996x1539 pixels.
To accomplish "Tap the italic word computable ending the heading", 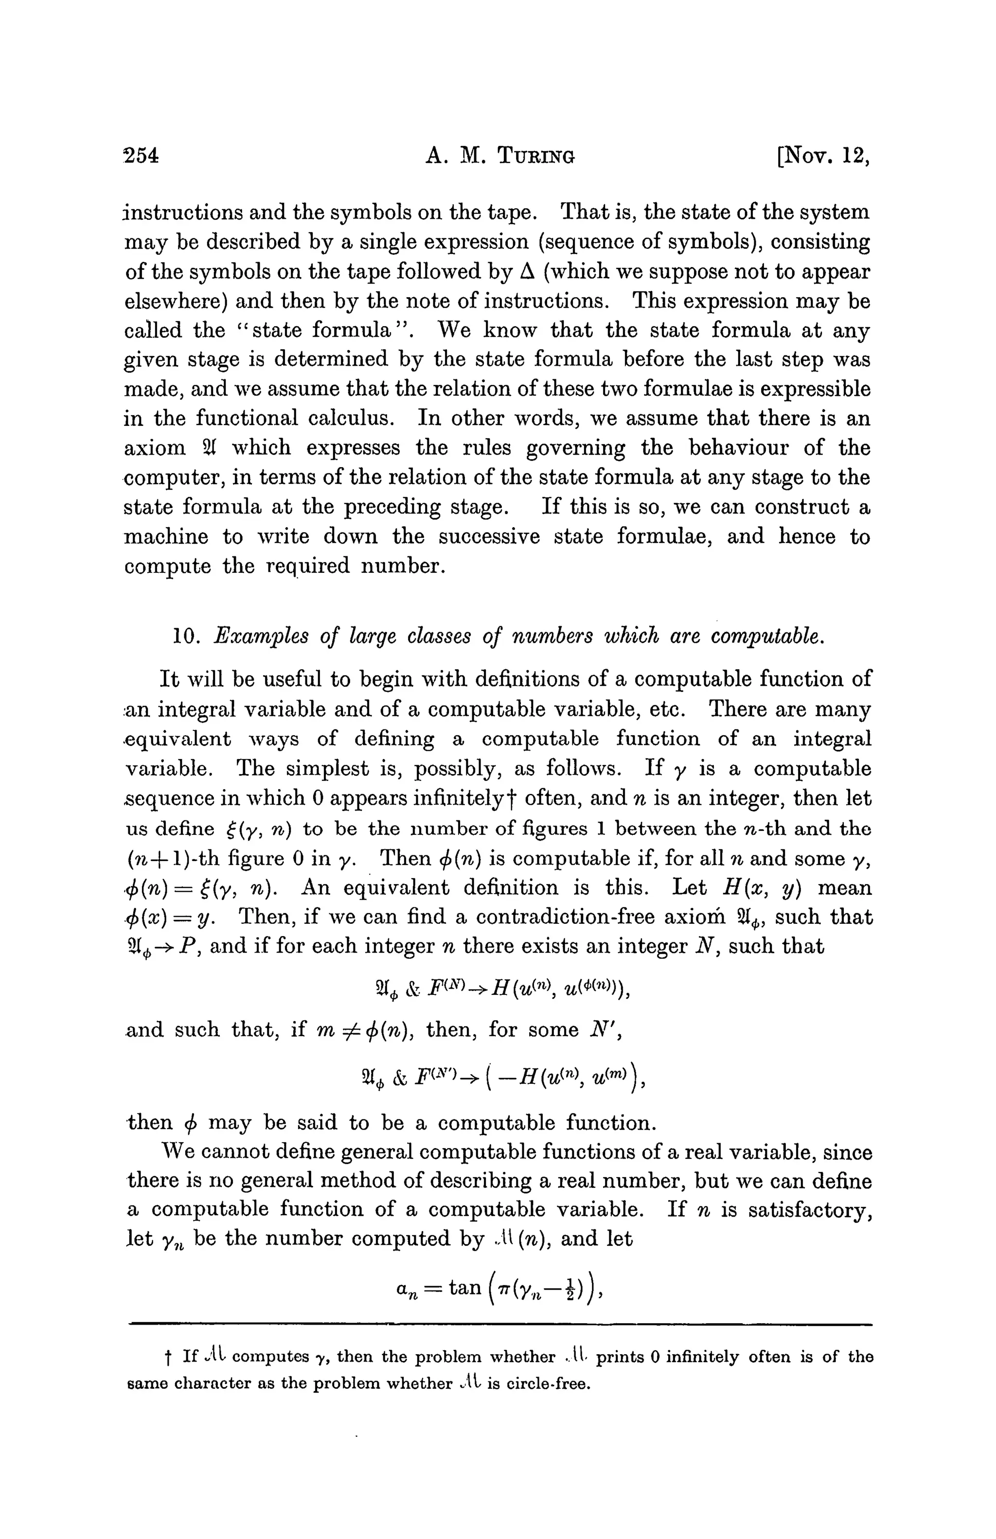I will (x=768, y=637).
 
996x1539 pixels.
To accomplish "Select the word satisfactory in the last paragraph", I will (x=811, y=1209).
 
